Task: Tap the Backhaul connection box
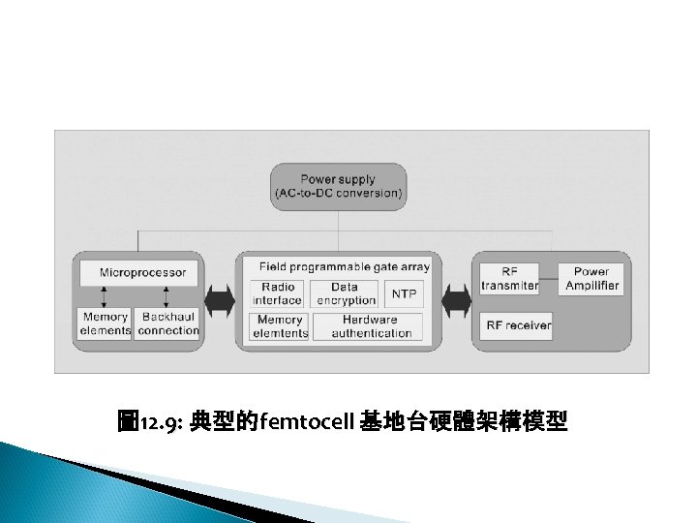168,323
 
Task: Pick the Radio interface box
278,293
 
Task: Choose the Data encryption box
345,293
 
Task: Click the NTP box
404,293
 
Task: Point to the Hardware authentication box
371,326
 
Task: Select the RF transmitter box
509,279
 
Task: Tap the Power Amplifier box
591,279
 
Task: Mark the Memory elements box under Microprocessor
106,323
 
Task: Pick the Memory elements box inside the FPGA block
279,326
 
